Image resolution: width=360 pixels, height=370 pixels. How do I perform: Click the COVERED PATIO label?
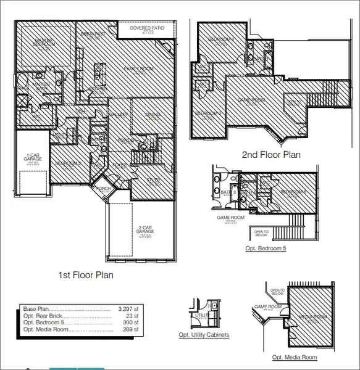click(146, 28)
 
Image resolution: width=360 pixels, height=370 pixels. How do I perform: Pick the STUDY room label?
click(153, 180)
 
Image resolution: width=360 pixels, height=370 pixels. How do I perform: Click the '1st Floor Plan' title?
click(85, 275)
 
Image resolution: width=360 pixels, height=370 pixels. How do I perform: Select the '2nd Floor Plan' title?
click(272, 155)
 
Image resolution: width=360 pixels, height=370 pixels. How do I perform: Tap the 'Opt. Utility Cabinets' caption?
click(204, 335)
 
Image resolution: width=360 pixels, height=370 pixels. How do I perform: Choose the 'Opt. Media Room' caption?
click(295, 357)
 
